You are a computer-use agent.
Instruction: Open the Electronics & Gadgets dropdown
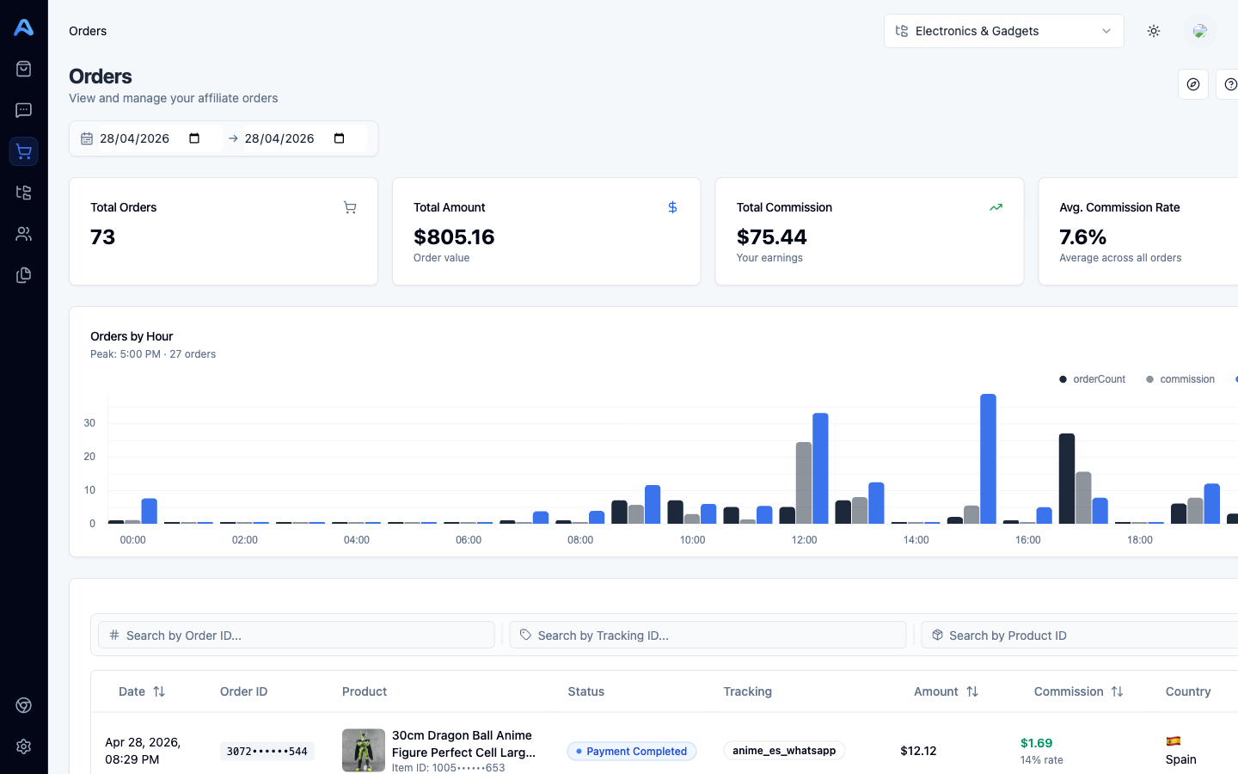[x=1003, y=31]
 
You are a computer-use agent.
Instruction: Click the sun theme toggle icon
[x=1154, y=31]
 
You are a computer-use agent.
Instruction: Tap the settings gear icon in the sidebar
[x=24, y=746]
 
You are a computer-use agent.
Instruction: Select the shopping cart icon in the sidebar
[x=24, y=151]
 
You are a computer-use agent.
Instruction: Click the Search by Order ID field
[x=297, y=636]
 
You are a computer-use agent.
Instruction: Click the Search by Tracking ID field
[x=708, y=636]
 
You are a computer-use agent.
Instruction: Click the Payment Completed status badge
[x=632, y=752]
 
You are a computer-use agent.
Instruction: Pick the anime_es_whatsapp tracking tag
[x=784, y=751]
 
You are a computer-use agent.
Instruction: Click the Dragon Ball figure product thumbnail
[x=364, y=750]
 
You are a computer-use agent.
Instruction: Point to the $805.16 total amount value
[x=454, y=237]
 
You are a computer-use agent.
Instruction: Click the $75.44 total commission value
[x=772, y=237]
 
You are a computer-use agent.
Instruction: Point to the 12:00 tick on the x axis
[x=804, y=540]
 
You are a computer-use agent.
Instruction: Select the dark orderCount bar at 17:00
[x=1067, y=478]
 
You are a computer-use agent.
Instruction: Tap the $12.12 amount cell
[x=918, y=751]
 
